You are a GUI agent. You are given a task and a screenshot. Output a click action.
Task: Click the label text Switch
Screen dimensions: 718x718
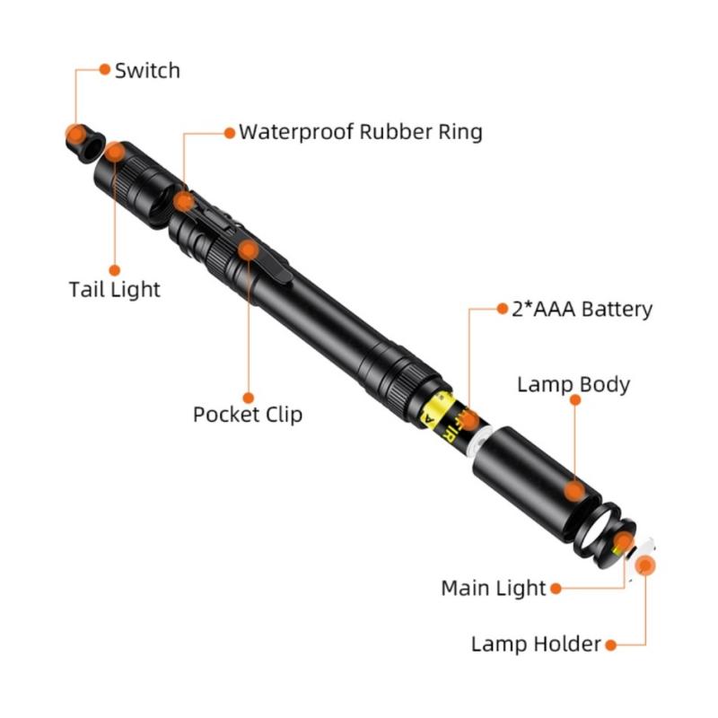point(147,70)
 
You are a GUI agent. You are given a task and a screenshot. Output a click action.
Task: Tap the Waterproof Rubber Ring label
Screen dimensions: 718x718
point(360,132)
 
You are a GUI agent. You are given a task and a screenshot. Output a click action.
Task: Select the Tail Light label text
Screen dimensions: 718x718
point(114,289)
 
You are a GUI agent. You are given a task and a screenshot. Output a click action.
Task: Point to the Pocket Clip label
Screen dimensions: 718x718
point(248,414)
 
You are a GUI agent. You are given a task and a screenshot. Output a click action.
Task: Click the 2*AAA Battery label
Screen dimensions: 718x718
point(582,310)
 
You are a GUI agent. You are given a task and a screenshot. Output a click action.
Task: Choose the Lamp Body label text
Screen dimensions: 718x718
point(574,384)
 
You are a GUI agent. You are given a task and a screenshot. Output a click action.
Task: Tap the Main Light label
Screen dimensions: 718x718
point(493,588)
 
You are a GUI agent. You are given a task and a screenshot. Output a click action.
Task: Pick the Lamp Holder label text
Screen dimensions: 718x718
point(536,644)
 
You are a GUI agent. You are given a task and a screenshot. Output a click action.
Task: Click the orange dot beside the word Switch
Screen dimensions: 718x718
point(104,69)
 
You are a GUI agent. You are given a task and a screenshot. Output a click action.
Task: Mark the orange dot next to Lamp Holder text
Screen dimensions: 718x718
point(610,644)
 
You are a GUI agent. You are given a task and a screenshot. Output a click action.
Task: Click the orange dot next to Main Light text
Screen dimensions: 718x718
point(556,589)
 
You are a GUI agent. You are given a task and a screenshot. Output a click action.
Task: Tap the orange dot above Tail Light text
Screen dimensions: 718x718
point(114,269)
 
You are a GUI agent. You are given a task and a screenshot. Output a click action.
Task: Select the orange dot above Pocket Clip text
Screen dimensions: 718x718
point(249,397)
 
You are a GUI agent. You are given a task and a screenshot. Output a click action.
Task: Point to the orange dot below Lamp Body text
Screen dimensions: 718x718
point(575,401)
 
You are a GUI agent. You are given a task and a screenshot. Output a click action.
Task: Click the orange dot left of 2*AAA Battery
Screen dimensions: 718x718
point(503,309)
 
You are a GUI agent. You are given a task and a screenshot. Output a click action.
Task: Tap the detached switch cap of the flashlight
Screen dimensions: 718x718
point(83,138)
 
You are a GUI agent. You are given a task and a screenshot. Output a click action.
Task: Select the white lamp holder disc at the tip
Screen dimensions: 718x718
point(645,562)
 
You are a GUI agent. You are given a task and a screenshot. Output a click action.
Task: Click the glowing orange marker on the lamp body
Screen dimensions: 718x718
point(574,491)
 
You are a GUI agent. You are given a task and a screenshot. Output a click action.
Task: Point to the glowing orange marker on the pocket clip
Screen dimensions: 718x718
point(249,249)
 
